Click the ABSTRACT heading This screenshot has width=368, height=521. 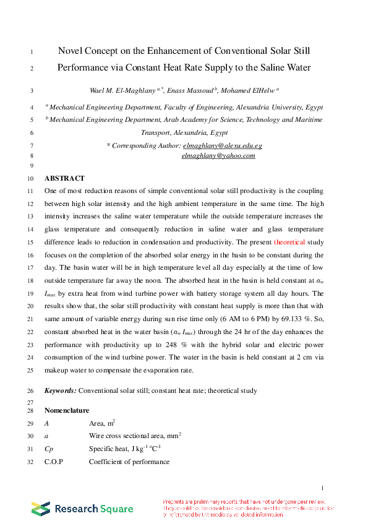[64, 178]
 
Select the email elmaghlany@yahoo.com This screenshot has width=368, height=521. [218, 156]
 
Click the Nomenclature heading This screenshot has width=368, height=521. [67, 410]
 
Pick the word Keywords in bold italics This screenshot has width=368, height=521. [61, 390]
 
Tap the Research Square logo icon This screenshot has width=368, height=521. [41, 509]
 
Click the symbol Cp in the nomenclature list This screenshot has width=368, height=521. [49, 449]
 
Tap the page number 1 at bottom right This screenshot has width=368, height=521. [323, 488]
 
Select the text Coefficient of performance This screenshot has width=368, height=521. [129, 462]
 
